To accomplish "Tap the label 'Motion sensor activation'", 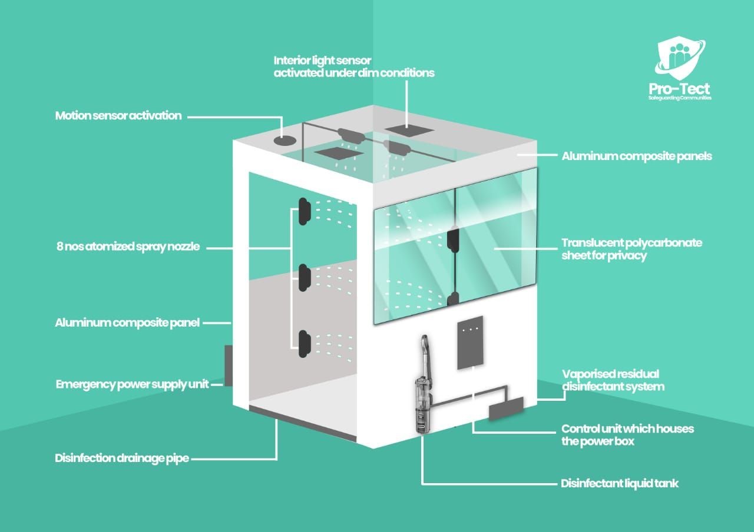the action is tap(118, 116).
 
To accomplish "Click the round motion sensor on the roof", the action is tap(285, 140).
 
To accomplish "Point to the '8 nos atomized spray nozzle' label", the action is tap(128, 247).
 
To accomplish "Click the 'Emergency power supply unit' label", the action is tap(132, 384).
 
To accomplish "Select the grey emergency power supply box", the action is tap(229, 365).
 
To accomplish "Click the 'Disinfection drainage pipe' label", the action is tap(122, 458).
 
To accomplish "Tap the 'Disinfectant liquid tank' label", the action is tap(619, 484).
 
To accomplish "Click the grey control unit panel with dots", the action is tap(470, 343).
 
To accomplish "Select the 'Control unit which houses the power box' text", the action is tap(627, 435).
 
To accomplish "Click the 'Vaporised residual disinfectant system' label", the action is tap(613, 380).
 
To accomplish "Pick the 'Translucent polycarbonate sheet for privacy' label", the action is tap(632, 249).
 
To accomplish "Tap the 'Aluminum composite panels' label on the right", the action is tap(637, 156).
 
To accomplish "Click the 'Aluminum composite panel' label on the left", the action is tap(127, 323).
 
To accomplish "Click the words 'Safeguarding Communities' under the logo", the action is tap(680, 98).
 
